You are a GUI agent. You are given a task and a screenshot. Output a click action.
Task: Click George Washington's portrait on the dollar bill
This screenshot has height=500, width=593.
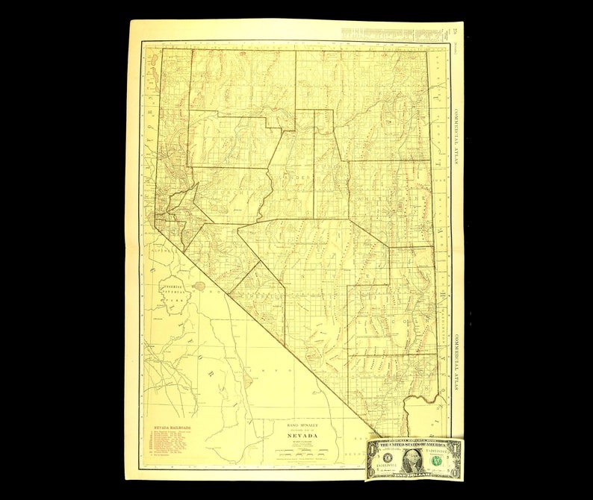click(x=413, y=459)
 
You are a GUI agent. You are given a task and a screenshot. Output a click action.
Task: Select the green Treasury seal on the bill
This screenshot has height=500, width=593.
click(x=438, y=460)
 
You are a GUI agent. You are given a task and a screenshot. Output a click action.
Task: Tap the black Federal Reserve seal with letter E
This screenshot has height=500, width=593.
click(x=388, y=459)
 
